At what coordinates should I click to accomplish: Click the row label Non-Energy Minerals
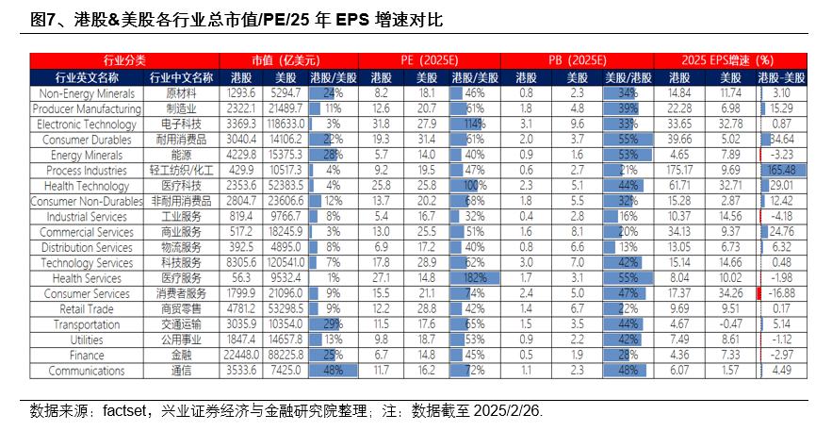(x=87, y=94)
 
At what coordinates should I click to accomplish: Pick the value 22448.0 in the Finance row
(x=241, y=356)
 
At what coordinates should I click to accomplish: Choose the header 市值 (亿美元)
(x=283, y=58)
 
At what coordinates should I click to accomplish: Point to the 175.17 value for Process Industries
(x=680, y=171)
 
